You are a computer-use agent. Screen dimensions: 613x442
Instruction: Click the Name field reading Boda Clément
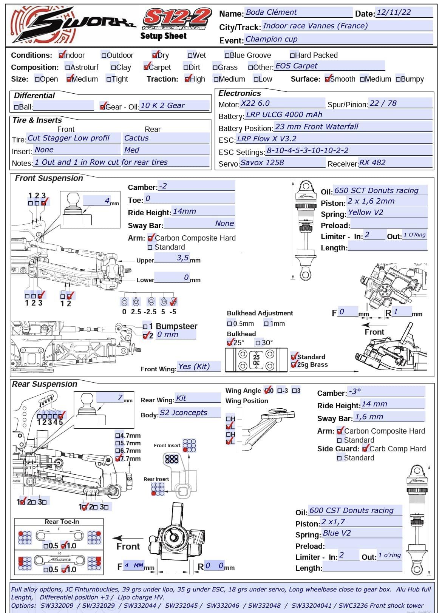[298, 12]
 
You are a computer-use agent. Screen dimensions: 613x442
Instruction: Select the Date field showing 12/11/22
[403, 12]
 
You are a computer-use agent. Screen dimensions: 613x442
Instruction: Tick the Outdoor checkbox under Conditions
[104, 56]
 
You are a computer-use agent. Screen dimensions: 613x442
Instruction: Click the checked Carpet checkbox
[146, 68]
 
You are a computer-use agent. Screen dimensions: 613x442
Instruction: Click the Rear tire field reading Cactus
[166, 138]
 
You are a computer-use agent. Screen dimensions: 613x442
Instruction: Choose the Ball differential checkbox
[16, 107]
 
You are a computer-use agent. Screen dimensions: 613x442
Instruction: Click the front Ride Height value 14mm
[203, 212]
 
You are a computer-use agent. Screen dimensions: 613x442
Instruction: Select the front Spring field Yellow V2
[387, 213]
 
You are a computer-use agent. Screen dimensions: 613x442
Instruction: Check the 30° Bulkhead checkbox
[258, 343]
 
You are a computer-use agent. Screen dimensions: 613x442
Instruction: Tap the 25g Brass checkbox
[294, 365]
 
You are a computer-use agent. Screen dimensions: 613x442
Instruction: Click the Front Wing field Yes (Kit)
[199, 367]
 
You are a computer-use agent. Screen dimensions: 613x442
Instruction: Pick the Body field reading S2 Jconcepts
[189, 413]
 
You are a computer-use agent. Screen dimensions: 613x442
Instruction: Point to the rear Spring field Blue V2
[362, 533]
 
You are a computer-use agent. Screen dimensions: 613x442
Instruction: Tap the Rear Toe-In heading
[62, 522]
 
